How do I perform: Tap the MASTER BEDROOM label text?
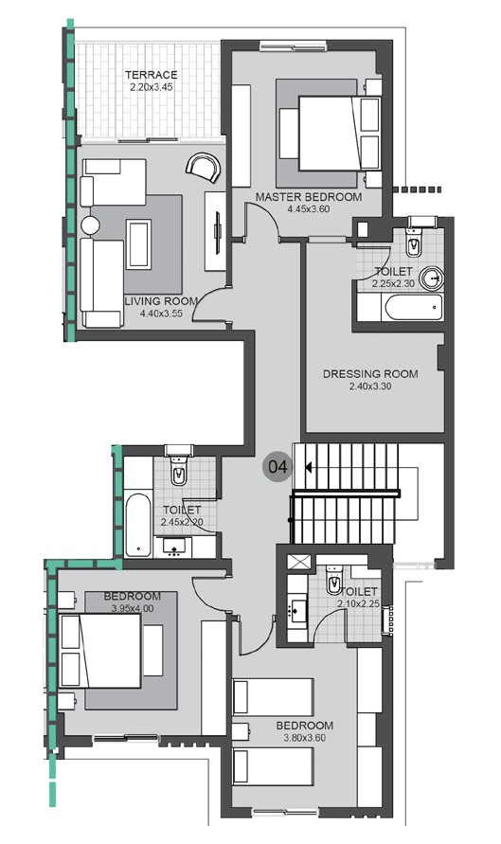click(309, 197)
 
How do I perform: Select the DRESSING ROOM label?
click(369, 373)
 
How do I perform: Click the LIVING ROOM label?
click(161, 301)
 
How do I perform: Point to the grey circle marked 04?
click(277, 466)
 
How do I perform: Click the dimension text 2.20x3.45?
click(152, 88)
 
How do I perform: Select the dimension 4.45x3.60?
click(309, 209)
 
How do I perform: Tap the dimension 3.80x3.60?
click(306, 738)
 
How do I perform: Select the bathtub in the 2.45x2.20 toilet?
click(138, 524)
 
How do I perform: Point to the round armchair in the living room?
click(201, 168)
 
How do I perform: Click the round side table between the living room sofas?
click(90, 226)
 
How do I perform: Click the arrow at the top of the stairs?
click(308, 466)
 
